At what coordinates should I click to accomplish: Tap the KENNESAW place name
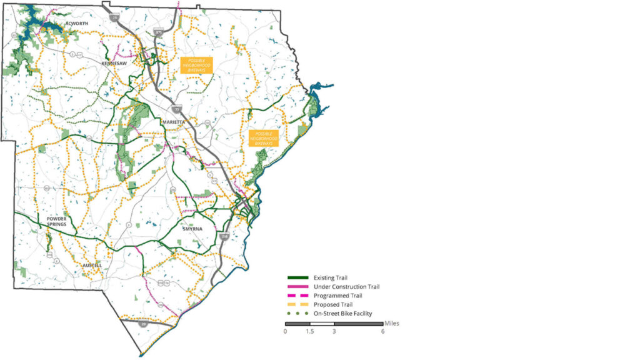[x=114, y=64]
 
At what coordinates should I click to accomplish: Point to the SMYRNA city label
[x=193, y=229]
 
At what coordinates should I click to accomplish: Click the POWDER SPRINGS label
[x=57, y=221]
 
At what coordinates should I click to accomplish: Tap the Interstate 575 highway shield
[x=159, y=32]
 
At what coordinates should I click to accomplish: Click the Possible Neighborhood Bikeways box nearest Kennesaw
[x=196, y=65]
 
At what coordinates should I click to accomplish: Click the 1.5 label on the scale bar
[x=309, y=331]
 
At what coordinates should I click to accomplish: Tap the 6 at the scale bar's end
[x=383, y=331]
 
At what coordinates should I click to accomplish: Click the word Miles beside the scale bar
[x=392, y=323]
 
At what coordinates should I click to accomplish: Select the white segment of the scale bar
[x=322, y=324]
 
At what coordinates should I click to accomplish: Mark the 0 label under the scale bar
[x=286, y=331]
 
